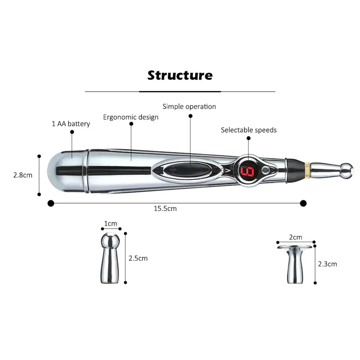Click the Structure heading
tap(180, 75)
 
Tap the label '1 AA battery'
tap(71, 124)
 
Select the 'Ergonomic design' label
tap(131, 117)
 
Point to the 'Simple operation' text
tap(189, 107)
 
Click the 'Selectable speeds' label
tap(249, 130)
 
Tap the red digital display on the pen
tap(247, 171)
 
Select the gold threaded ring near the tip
tap(307, 170)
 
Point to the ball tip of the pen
tap(347, 171)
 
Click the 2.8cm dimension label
tap(23, 175)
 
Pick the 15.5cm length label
tap(165, 208)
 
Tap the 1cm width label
tap(111, 224)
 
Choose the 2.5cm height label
tap(138, 258)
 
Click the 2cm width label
tap(296, 237)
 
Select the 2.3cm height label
tap(327, 264)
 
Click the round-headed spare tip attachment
tap(110, 258)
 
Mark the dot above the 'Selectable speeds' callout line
tap(248, 138)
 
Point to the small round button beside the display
tap(266, 170)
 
